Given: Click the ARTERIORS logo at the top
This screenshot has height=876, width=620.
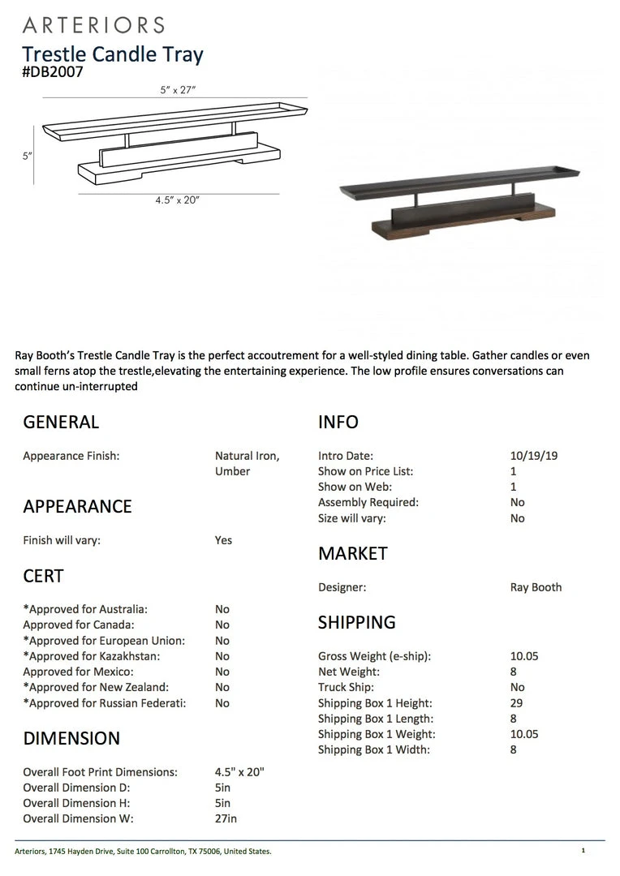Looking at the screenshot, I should click(93, 25).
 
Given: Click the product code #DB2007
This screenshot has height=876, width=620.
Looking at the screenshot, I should click(53, 72).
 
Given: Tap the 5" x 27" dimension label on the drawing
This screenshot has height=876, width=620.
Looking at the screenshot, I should click(178, 90).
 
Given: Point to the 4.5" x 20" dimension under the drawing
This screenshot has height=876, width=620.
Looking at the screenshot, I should click(177, 200).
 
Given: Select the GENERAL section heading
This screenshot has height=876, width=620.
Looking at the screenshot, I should click(61, 422).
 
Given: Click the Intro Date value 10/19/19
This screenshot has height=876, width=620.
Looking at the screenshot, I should click(528, 456).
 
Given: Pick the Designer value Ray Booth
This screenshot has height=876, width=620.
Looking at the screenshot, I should click(536, 587).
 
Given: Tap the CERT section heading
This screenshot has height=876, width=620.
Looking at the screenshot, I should click(43, 576).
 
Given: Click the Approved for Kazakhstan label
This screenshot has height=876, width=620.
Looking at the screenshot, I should click(92, 656).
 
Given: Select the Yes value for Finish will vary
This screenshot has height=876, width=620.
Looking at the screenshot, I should click(223, 540).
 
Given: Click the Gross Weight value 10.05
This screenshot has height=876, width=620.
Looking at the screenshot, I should click(524, 656).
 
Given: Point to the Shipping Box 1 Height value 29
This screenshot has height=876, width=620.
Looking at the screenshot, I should click(517, 703).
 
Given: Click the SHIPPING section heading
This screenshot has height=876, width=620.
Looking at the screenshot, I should click(357, 622).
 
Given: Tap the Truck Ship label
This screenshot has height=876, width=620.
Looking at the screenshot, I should click(346, 687).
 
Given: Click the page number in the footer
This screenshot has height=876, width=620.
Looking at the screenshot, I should click(583, 851).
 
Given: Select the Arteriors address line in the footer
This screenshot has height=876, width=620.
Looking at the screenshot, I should click(143, 852).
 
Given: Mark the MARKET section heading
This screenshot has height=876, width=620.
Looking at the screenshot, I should click(353, 553).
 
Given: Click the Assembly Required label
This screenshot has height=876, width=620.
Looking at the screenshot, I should click(368, 502).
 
